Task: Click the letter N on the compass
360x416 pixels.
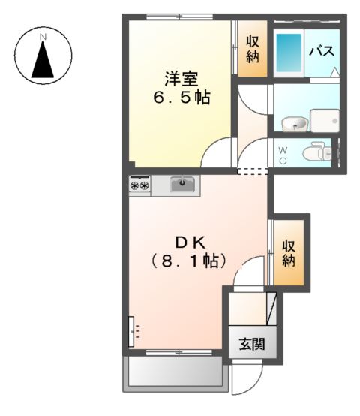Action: point(43,36)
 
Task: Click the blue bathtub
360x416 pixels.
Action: point(287,51)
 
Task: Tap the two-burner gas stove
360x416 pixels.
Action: point(139,185)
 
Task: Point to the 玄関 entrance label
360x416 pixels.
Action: point(251,345)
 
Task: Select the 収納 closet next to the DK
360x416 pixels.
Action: point(289,252)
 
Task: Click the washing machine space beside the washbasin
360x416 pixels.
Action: point(325,120)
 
